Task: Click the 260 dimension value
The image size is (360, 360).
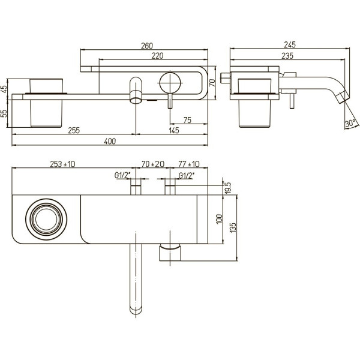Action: [148, 46]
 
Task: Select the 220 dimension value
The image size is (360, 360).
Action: [158, 56]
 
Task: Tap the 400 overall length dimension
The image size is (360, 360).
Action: [110, 142]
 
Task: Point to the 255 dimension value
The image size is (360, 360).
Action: [75, 130]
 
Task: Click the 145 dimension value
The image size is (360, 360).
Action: [174, 130]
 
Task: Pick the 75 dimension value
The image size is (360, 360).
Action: [188, 120]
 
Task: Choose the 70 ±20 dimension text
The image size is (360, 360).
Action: [152, 164]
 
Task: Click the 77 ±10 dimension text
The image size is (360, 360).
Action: [190, 164]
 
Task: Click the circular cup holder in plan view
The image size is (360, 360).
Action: [46, 218]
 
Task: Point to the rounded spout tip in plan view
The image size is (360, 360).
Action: [137, 310]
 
